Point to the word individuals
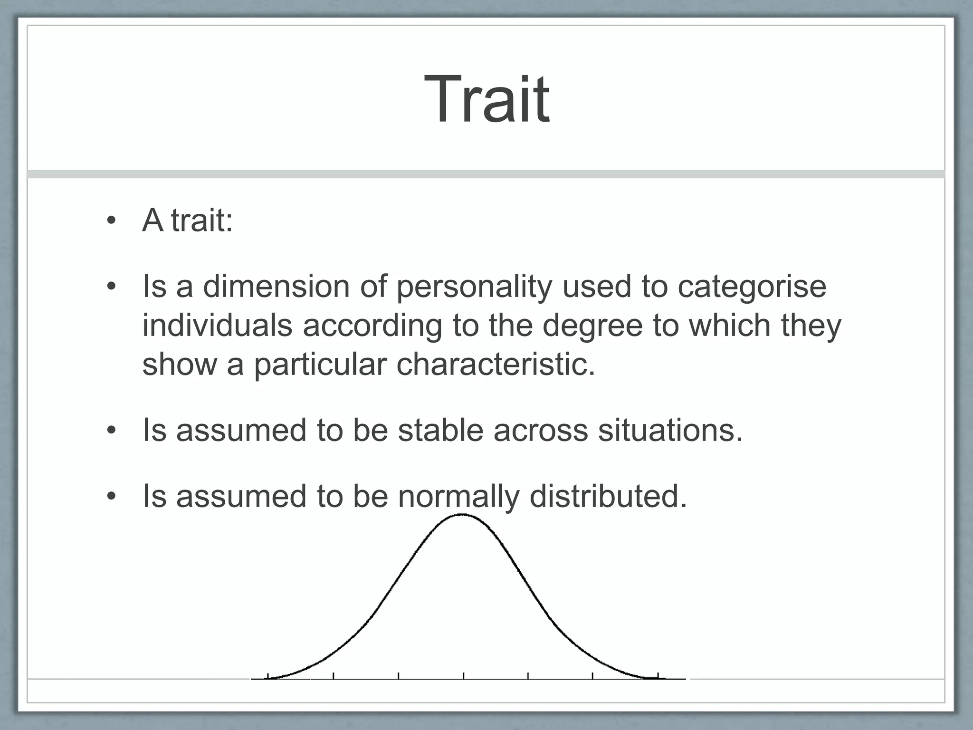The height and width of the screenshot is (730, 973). (217, 326)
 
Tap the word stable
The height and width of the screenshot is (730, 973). (440, 430)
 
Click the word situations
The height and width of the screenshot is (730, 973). (670, 430)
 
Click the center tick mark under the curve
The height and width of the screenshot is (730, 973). (464, 676)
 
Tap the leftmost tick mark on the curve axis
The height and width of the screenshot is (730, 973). (268, 676)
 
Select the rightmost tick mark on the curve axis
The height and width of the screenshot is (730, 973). (658, 676)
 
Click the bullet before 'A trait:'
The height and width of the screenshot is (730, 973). (111, 221)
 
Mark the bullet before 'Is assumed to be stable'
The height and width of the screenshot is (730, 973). (111, 431)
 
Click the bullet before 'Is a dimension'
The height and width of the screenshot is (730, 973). (111, 287)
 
